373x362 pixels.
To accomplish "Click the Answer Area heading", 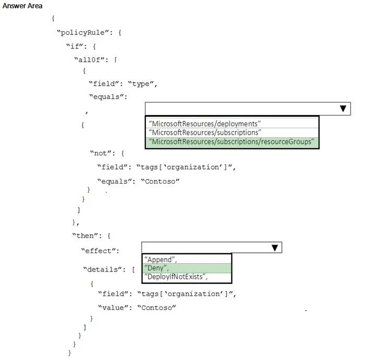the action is coord(22,6).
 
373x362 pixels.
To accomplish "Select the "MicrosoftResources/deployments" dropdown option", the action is coord(205,124).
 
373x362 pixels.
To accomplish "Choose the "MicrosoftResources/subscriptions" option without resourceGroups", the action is coord(205,132).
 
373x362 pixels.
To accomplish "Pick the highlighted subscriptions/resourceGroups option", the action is coord(231,141).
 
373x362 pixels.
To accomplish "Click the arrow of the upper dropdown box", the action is coord(343,109).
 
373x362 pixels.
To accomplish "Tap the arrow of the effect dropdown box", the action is coord(275,248).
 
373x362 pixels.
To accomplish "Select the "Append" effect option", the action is coord(160,260).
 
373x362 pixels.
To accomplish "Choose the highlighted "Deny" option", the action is coord(156,268).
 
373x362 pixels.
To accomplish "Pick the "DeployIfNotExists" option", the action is coord(176,277).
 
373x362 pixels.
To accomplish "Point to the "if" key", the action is coord(74,46).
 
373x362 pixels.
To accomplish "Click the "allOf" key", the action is coord(90,60).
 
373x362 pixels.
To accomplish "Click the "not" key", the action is coord(101,153).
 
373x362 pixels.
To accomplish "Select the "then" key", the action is coord(85,236).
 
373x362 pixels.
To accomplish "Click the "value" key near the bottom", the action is coord(113,307).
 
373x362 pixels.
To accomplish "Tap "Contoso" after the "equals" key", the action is coord(160,181).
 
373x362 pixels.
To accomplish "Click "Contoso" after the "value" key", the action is coord(157,307).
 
